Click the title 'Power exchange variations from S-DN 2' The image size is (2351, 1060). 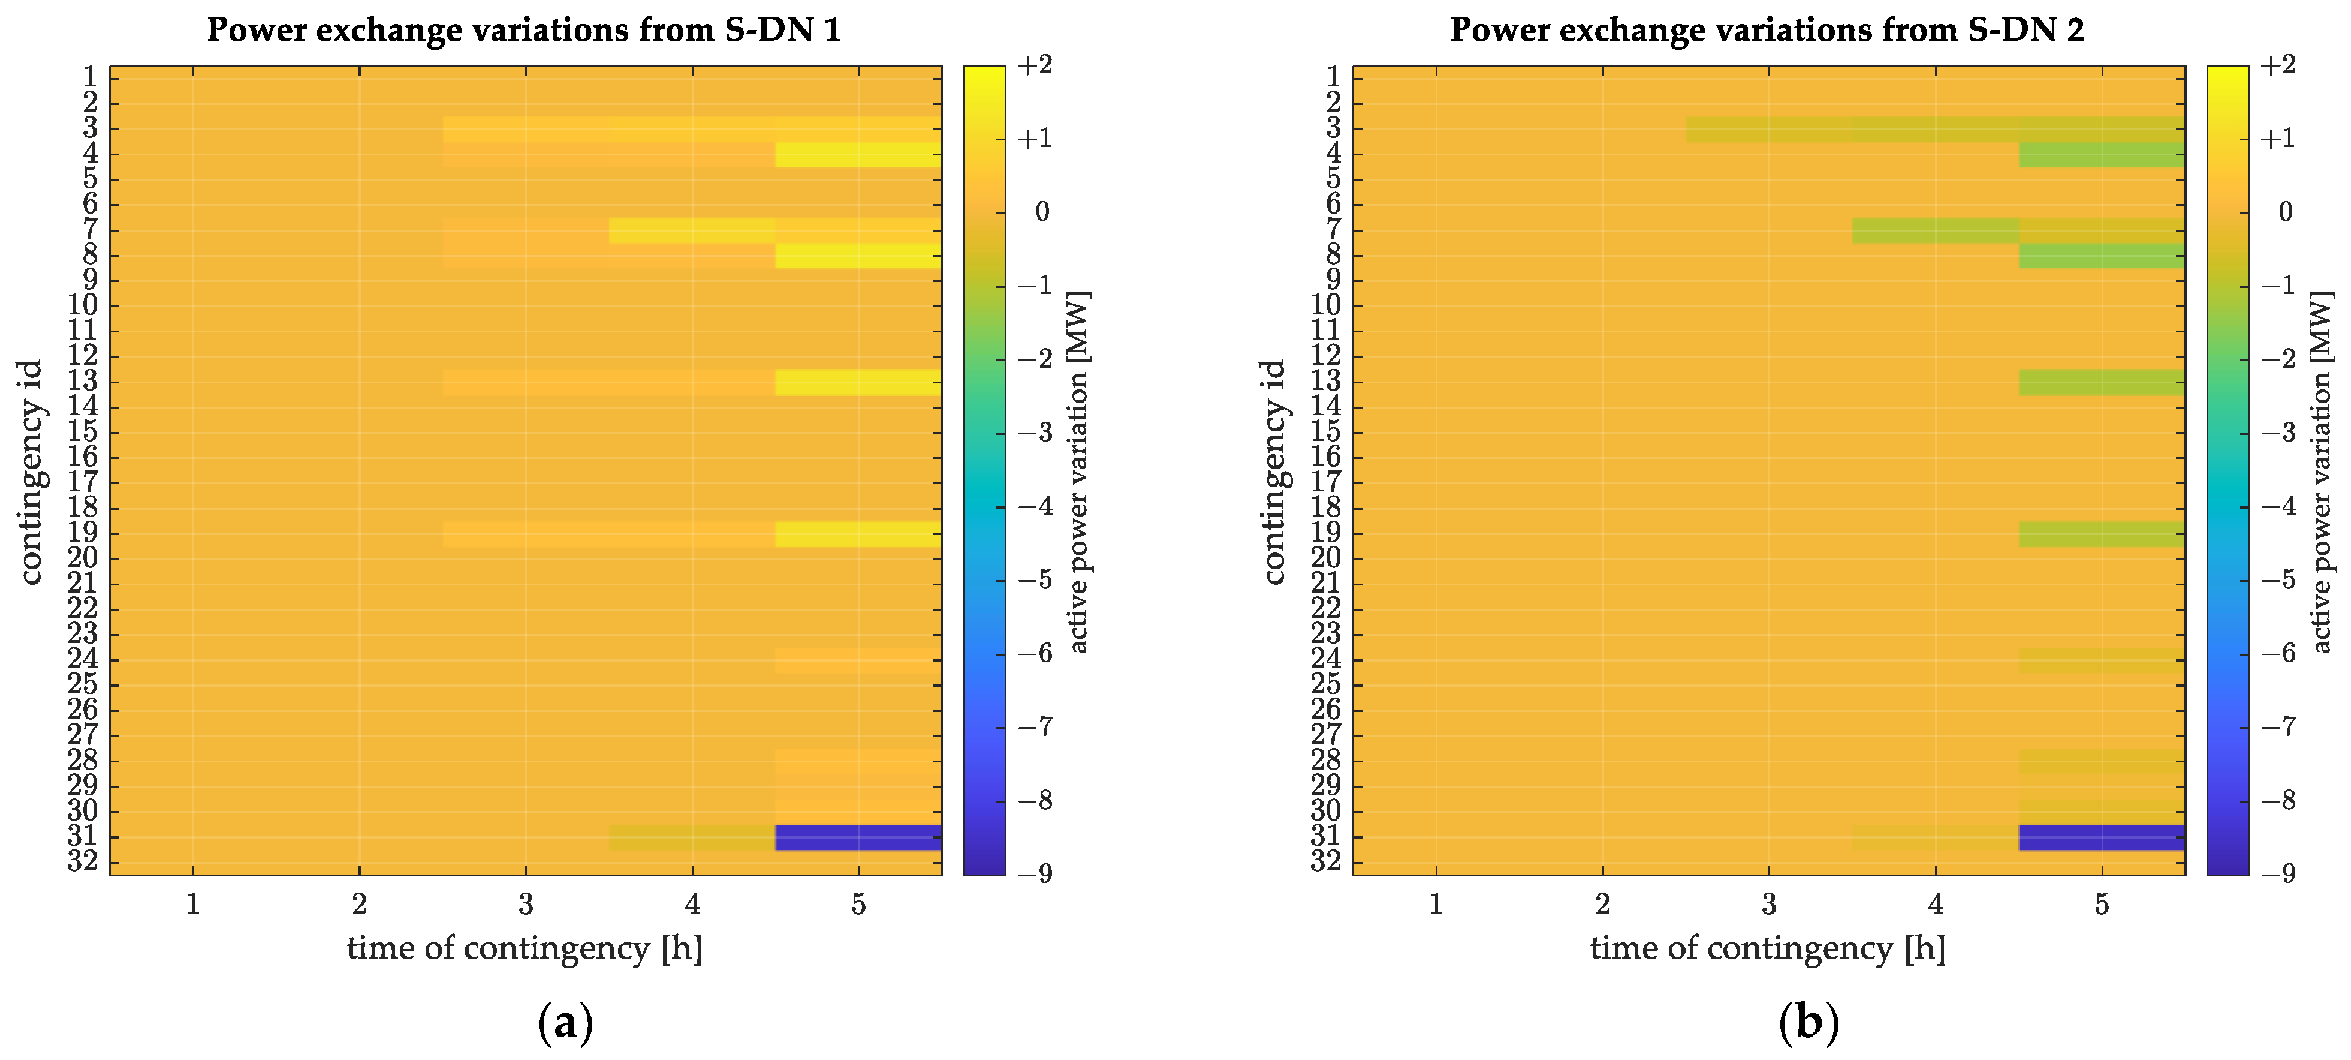click(x=1767, y=29)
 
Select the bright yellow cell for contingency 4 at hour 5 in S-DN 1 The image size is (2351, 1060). click(x=858, y=154)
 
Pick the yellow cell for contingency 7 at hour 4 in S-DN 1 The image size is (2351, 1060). click(x=692, y=230)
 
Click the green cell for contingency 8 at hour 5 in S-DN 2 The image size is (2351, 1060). click(x=2102, y=256)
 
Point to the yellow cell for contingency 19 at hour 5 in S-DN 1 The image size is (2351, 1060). click(x=858, y=534)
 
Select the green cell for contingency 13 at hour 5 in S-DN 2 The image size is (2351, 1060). click(x=2102, y=382)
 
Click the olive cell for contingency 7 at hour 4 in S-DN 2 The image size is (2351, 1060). click(x=1935, y=230)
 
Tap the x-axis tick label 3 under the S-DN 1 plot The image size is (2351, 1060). click(x=526, y=904)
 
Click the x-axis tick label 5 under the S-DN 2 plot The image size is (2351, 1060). click(x=2102, y=904)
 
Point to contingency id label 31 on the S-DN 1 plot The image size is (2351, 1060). click(x=82, y=836)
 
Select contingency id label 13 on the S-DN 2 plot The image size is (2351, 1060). click(x=1325, y=381)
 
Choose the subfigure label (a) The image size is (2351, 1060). click(x=566, y=1023)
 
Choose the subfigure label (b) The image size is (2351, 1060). click(x=1809, y=1023)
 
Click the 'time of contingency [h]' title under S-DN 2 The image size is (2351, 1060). click(x=1768, y=948)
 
